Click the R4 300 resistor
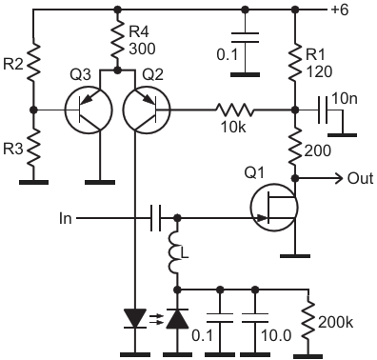click(118, 40)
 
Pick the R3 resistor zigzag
click(34, 149)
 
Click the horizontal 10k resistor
click(235, 110)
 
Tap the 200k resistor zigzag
click(308, 320)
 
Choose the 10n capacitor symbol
click(323, 110)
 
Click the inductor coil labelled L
click(174, 254)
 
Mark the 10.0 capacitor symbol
click(255, 318)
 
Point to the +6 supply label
click(340, 10)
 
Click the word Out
click(361, 179)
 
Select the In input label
click(66, 218)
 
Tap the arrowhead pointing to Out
click(338, 179)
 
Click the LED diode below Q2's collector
click(134, 318)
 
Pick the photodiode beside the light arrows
click(177, 318)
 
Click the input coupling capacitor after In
click(155, 218)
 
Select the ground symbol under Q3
click(100, 182)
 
